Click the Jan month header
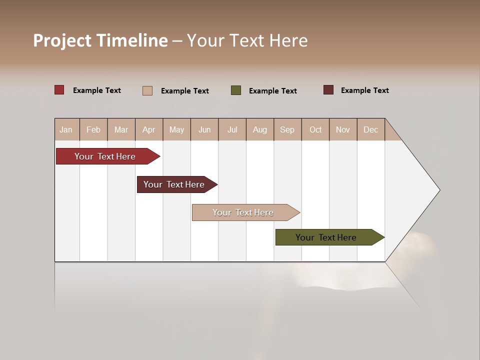pyautogui.click(x=66, y=129)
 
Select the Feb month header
pyautogui.click(x=93, y=129)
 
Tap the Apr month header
pyautogui.click(x=148, y=129)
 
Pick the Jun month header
pyautogui.click(x=204, y=129)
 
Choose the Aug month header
pyautogui.click(x=259, y=129)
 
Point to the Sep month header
pyautogui.click(x=287, y=129)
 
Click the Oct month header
pyautogui.click(x=315, y=129)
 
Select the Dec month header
pyautogui.click(x=370, y=129)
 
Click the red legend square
pyautogui.click(x=59, y=90)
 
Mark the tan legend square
pyautogui.click(x=147, y=90)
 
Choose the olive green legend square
pyautogui.click(x=236, y=90)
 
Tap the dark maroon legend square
pyautogui.click(x=328, y=90)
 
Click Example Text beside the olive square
pyautogui.click(x=272, y=90)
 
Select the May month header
pyautogui.click(x=176, y=129)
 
